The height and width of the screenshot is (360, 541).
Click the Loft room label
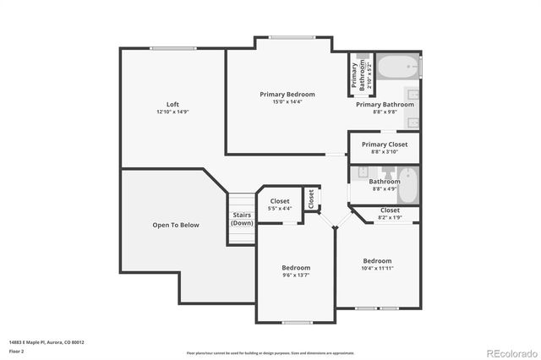click(x=172, y=104)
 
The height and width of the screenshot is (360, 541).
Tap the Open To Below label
click(x=176, y=225)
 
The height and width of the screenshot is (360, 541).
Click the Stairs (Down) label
click(x=242, y=219)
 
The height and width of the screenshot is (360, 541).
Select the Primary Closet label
click(x=385, y=145)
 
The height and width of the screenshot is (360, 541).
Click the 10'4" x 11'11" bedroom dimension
click(x=377, y=269)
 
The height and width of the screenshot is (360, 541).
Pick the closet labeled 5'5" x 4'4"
click(x=279, y=205)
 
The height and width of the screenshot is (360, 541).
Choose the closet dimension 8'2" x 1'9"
click(x=390, y=217)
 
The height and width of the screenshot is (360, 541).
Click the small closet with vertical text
click(x=311, y=199)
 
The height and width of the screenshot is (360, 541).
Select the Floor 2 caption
click(x=17, y=350)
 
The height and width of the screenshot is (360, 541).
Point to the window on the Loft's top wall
click(x=173, y=48)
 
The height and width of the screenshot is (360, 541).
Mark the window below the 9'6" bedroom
click(x=297, y=322)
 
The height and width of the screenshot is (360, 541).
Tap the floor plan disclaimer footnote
click(x=270, y=352)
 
